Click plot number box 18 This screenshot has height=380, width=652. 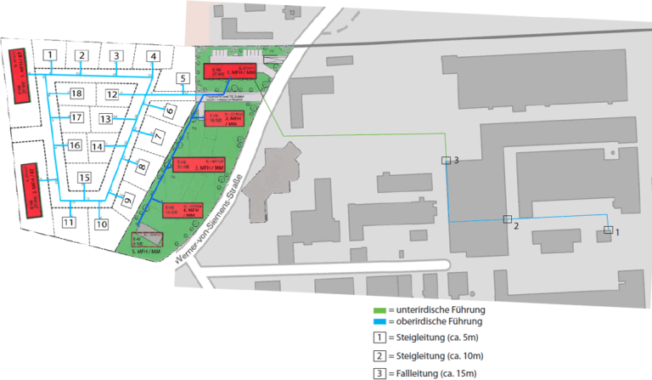[x=76, y=93]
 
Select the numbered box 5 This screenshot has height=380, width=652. [x=182, y=79]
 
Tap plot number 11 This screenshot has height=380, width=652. [x=69, y=223]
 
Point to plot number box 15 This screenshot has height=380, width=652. [x=84, y=178]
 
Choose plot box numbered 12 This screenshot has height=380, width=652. [x=111, y=94]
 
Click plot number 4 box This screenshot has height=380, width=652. [x=153, y=57]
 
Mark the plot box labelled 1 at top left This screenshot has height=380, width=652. [x=51, y=55]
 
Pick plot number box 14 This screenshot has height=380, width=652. [x=98, y=147]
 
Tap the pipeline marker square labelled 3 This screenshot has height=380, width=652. [x=446, y=160]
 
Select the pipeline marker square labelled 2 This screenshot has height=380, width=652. [x=507, y=220]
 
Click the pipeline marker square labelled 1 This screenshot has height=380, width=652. [x=608, y=230]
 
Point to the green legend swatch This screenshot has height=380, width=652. [x=380, y=309]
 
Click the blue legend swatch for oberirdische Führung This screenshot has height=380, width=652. [x=380, y=322]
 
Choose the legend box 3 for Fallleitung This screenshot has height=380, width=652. [x=380, y=373]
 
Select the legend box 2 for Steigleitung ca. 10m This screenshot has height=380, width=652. [x=380, y=355]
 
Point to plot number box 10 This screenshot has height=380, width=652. [x=102, y=224]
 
